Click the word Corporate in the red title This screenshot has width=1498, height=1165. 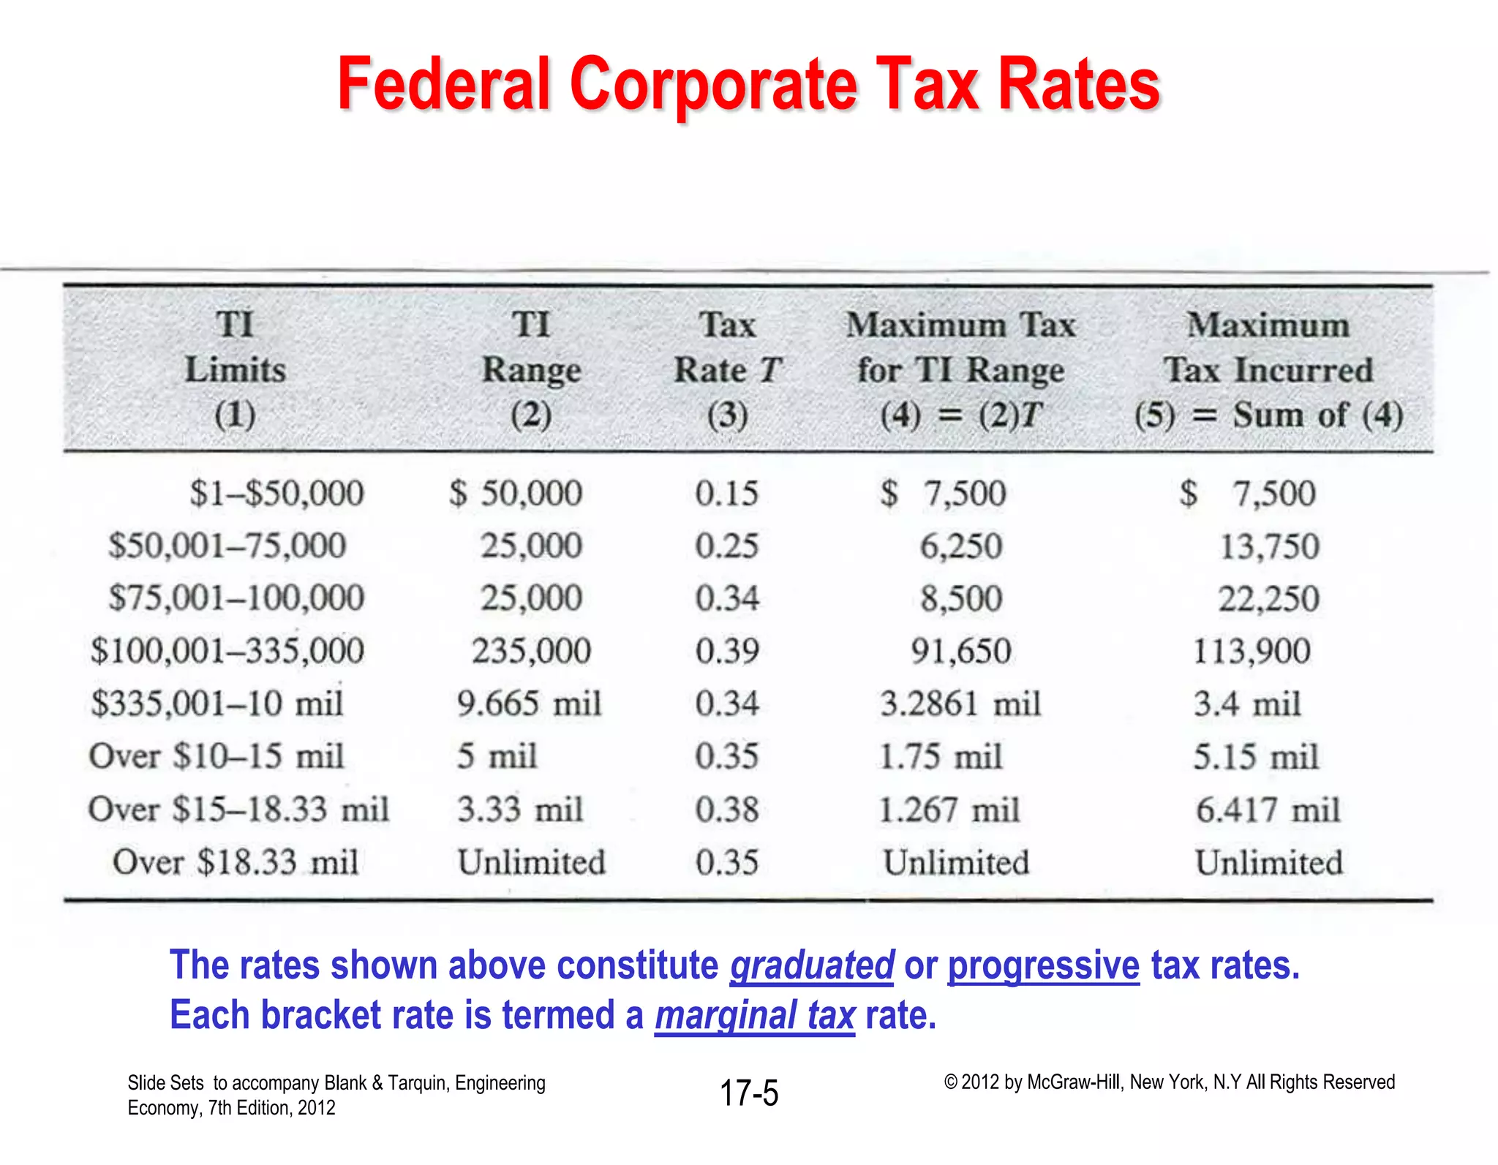click(712, 86)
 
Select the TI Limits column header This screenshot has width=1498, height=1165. click(235, 369)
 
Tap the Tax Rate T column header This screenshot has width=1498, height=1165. click(727, 369)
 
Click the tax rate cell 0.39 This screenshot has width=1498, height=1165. click(727, 651)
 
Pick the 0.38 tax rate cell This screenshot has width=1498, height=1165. click(727, 810)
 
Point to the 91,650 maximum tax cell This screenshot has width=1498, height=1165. click(960, 651)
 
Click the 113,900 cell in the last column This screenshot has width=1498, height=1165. click(1252, 651)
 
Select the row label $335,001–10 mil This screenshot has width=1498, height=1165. click(217, 704)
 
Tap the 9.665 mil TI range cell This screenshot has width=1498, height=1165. click(529, 704)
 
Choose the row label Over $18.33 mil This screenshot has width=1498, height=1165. click(236, 862)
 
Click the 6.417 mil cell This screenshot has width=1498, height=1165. click(1268, 810)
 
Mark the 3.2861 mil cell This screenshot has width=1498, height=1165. click(960, 704)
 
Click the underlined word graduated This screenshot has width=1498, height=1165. click(812, 965)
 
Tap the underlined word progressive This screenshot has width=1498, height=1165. click(1043, 965)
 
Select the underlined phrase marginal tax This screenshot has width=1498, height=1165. click(754, 1016)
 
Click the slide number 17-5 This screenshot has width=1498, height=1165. click(749, 1093)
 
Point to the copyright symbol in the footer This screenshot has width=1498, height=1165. click(950, 1082)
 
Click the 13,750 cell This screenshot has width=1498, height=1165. click(1269, 546)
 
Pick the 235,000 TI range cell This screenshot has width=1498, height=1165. click(531, 651)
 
